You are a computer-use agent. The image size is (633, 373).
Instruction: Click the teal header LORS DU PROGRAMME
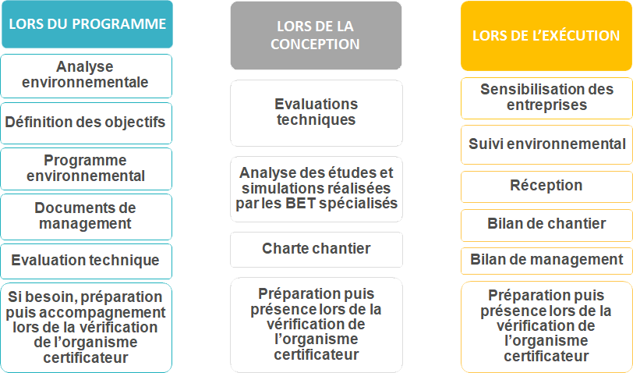tap(87, 24)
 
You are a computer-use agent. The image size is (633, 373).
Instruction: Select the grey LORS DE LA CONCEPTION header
tap(316, 36)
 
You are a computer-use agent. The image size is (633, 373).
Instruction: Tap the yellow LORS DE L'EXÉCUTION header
tap(546, 36)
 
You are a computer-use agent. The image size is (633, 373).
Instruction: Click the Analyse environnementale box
tap(86, 76)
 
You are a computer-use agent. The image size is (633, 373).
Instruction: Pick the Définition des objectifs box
tap(86, 123)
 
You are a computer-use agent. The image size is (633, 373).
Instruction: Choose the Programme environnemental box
tap(86, 169)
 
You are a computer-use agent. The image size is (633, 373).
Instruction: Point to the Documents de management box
tap(86, 217)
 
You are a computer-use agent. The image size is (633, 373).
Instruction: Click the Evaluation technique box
tap(86, 261)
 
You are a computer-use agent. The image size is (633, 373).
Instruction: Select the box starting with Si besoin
tap(86, 327)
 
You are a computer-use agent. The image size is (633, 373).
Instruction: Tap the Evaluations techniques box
tap(316, 113)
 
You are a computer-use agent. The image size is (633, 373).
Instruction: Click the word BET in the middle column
tap(300, 203)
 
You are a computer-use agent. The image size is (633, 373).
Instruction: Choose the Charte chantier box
tap(316, 250)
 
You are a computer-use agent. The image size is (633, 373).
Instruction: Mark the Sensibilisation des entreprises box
tap(546, 98)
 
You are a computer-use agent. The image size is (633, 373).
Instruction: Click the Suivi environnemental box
tap(546, 144)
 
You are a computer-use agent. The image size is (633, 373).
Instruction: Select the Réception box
tap(546, 186)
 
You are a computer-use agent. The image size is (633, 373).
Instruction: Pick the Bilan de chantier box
tap(546, 225)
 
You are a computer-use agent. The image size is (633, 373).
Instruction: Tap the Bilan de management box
tap(546, 261)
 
